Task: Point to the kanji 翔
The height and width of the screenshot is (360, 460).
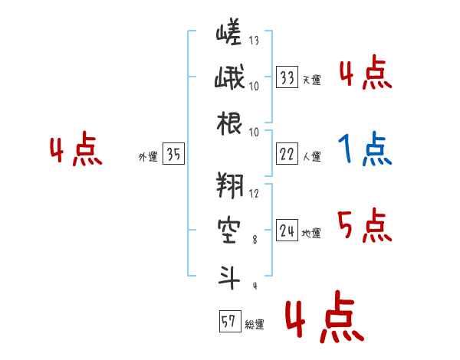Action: coord(228,187)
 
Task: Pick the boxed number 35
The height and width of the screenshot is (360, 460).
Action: coord(173,155)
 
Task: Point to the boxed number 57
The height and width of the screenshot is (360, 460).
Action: coord(228,322)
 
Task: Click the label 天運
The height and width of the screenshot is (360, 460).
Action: coord(311,80)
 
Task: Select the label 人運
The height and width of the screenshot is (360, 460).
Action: coord(311,157)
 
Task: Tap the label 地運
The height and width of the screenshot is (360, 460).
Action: coord(311,234)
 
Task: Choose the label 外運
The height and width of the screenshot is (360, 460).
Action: coord(147,157)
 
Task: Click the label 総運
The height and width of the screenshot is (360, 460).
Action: coord(255,325)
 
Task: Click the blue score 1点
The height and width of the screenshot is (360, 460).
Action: coord(364,150)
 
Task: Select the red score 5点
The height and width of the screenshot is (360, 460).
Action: coord(364,224)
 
